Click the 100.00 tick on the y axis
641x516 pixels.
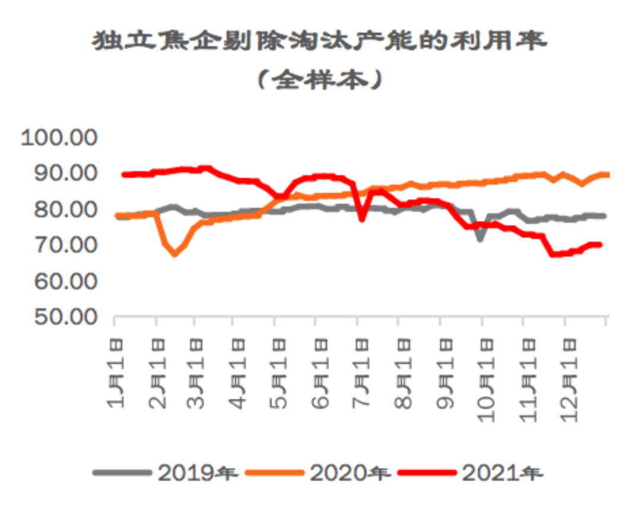click(59, 138)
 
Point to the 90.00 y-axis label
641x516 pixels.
click(59, 174)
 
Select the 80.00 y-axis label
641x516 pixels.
click(59, 210)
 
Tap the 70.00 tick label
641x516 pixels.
click(59, 246)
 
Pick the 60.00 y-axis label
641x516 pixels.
click(59, 281)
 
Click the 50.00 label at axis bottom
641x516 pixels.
click(59, 317)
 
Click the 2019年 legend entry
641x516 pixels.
click(166, 473)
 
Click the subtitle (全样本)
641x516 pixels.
click(319, 79)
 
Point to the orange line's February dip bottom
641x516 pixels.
click(174, 254)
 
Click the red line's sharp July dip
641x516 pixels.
click(361, 219)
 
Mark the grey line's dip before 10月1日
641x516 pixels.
click(480, 239)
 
